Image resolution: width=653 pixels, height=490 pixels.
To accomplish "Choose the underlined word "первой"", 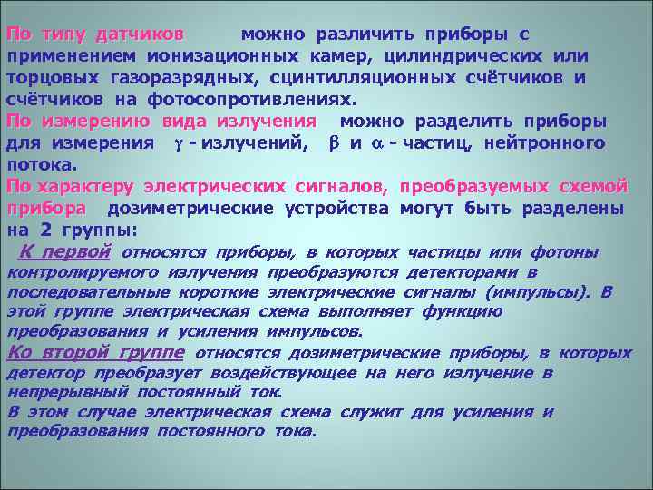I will (79, 251).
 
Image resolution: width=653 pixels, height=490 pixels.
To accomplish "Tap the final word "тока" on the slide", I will (296, 431).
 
